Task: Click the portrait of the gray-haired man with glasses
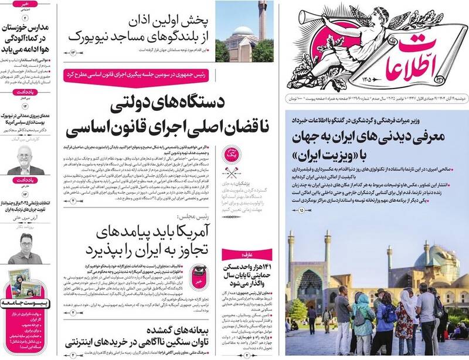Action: (24, 159)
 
